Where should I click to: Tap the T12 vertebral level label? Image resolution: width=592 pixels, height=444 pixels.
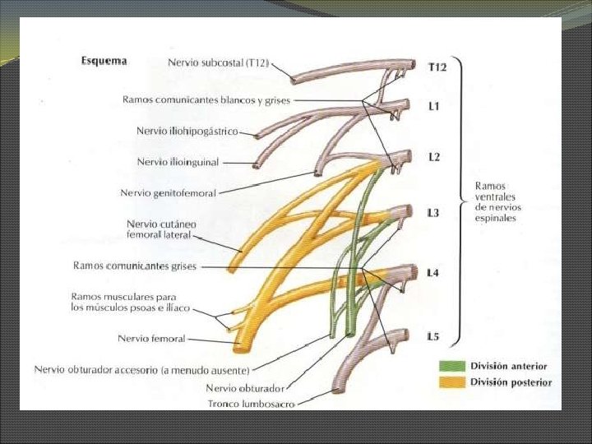pos(437,67)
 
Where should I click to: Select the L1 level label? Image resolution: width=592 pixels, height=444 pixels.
pos(433,107)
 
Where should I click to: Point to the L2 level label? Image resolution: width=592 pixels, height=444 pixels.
pos(433,157)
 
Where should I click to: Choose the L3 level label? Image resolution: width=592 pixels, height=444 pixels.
pos(433,213)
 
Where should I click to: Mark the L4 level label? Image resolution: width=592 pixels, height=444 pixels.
pos(433,272)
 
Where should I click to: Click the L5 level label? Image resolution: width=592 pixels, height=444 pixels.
pos(432,336)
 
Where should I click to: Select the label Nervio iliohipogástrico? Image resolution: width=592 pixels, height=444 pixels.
pos(187,131)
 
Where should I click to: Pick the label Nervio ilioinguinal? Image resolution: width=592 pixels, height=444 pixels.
pos(178,162)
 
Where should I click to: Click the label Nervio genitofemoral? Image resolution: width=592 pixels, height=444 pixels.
pos(168,193)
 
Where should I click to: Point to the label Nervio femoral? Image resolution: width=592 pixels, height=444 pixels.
pos(151,338)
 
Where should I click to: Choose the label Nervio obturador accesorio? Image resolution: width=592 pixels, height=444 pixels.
pos(141,369)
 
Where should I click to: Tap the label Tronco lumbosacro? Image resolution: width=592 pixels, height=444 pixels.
pos(251,404)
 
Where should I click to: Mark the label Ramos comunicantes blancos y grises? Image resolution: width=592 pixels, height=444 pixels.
pos(206,99)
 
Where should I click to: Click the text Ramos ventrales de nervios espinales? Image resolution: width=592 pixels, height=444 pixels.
pos(497,202)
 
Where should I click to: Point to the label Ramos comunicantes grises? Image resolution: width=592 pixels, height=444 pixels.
pos(135,266)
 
